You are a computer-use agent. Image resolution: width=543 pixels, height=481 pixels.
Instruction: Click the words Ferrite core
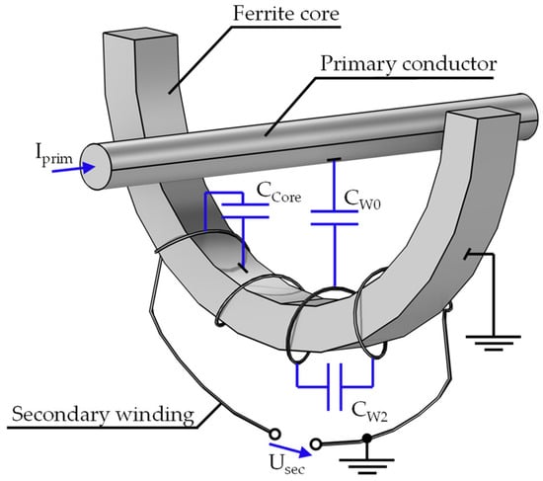[286, 14]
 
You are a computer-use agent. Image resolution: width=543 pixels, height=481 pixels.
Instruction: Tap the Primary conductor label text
[409, 64]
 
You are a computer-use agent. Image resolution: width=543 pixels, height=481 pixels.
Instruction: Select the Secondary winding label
[103, 414]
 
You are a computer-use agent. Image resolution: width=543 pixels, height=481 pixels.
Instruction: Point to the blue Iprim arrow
[73, 169]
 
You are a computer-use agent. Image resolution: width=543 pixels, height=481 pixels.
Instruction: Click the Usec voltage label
[286, 464]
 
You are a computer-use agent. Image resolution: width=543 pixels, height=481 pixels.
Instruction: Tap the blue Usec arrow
[291, 449]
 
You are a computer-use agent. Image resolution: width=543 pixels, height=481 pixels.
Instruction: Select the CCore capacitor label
[278, 193]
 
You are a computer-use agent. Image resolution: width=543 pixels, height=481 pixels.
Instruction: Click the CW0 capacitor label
[362, 200]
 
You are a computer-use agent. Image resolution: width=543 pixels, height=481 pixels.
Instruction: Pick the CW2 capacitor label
[369, 411]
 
